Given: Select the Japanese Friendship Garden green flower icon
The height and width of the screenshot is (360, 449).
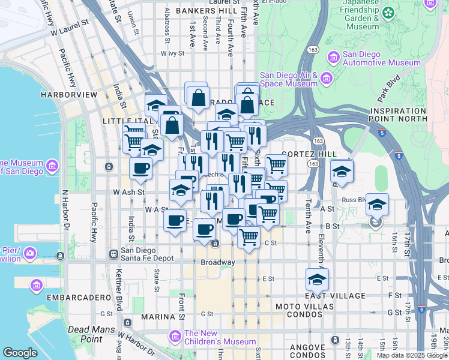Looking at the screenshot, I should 389,12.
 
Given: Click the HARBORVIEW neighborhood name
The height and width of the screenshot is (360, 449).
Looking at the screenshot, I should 69,95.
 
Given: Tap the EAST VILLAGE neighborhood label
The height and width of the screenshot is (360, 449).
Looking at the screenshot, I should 335,296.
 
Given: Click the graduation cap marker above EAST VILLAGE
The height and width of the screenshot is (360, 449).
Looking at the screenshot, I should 317,278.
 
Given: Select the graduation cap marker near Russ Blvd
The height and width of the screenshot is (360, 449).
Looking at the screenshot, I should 377,204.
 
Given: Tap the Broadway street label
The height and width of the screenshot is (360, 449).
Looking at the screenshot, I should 218,262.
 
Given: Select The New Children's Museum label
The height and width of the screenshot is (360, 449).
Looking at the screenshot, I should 220,337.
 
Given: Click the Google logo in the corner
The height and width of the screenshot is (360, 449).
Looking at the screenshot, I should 20,352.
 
